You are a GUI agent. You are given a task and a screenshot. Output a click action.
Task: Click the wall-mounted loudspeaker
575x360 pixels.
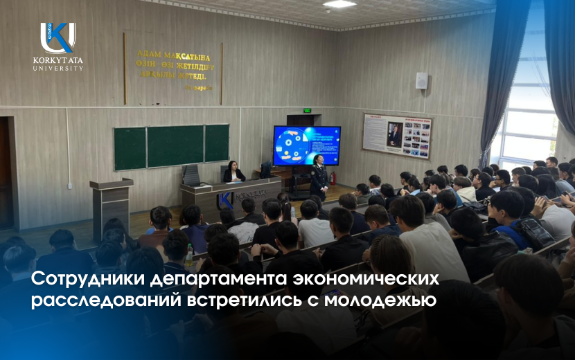click(421, 80)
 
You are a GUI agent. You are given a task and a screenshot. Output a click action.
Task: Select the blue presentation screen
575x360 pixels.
click(307, 145)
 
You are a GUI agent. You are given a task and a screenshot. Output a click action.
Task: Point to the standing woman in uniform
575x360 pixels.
click(319, 176)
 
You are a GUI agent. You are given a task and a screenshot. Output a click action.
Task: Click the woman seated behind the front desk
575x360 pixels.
click(233, 172)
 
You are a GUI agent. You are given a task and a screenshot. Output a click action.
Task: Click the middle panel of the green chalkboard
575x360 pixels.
click(175, 145)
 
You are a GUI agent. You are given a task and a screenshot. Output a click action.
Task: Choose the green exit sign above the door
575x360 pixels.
click(297, 110)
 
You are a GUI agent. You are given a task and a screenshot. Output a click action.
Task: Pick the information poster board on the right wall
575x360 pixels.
click(397, 136)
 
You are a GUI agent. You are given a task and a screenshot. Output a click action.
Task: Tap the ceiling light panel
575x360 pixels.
click(339, 4)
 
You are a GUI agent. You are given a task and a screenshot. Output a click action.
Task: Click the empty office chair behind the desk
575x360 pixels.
click(191, 175)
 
